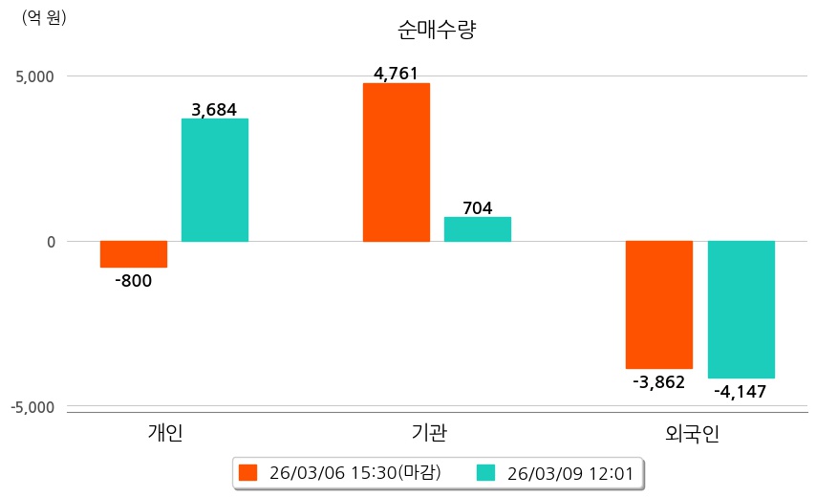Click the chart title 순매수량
(x=437, y=30)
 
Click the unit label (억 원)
(x=44, y=17)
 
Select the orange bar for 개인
(x=134, y=254)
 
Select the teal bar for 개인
(x=215, y=180)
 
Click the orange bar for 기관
(x=397, y=162)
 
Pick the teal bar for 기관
(x=478, y=229)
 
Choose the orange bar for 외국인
(x=659, y=305)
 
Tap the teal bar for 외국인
(x=741, y=310)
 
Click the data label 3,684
(x=214, y=110)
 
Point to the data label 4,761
(x=396, y=74)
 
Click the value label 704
(x=477, y=207)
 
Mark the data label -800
(x=133, y=281)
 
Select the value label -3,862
(x=658, y=382)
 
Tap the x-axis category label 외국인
(x=693, y=433)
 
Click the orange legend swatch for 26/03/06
(x=248, y=472)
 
